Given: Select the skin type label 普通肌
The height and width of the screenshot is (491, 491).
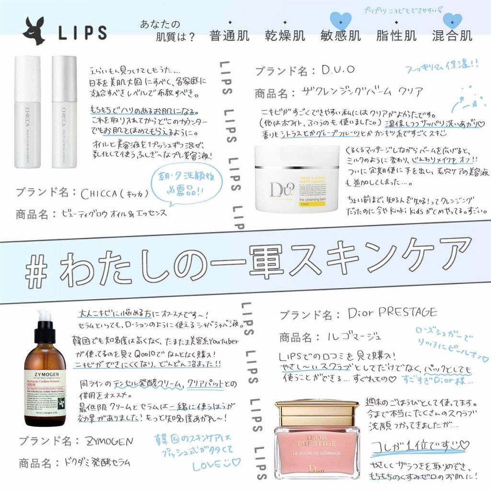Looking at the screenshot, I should point(230,36).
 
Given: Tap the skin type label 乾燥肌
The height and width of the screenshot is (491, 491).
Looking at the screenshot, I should point(285,36).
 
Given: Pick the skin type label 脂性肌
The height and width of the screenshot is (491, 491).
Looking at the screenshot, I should point(396,36).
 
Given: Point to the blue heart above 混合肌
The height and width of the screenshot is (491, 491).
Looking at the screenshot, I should point(452,21).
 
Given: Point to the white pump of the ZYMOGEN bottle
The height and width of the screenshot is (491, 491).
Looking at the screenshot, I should point(44,319).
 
